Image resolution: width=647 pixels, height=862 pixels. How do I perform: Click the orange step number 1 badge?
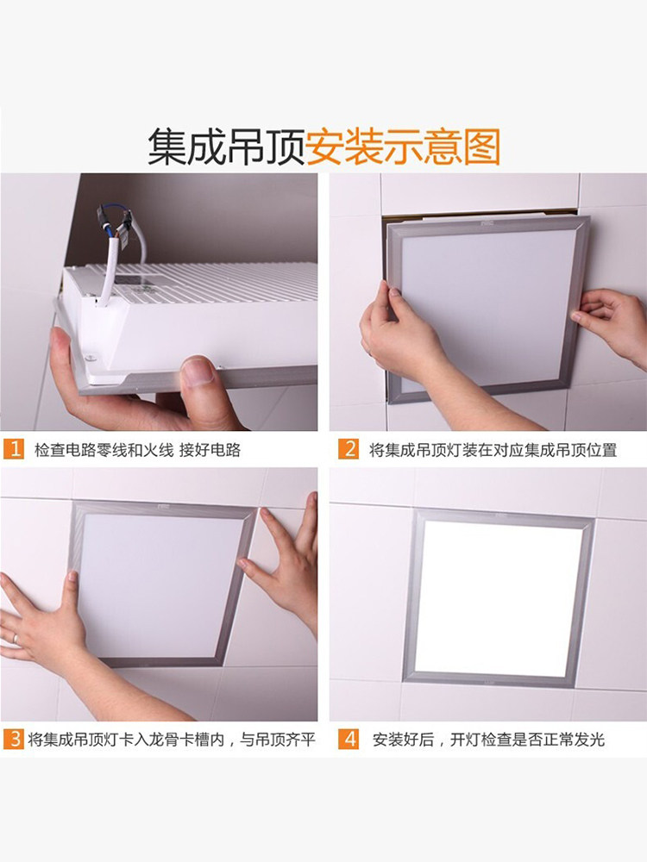tap(14, 449)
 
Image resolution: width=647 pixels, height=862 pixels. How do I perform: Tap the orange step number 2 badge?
tap(349, 449)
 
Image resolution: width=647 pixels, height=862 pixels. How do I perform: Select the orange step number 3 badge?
tap(14, 739)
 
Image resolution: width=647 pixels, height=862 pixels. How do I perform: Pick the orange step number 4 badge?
tap(349, 739)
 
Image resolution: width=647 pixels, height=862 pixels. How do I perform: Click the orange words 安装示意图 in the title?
tap(403, 147)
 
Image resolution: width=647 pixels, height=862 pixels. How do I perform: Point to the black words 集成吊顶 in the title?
tap(226, 147)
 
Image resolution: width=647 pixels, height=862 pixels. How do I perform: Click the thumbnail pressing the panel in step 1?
tap(198, 372)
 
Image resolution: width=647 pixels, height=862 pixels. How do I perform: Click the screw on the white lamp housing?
tap(90, 359)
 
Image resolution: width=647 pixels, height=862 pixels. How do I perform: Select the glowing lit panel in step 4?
tap(498, 599)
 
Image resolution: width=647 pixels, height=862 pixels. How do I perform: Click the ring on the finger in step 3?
tap(15, 638)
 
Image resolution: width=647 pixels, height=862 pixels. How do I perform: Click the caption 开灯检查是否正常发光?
tap(527, 740)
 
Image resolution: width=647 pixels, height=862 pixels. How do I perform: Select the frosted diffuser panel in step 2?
tap(487, 308)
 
